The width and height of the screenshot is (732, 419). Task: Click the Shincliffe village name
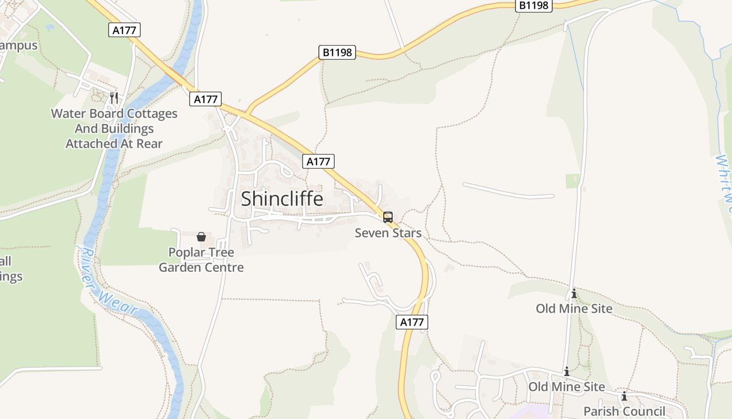[x=282, y=199]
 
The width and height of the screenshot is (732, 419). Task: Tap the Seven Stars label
[x=388, y=233]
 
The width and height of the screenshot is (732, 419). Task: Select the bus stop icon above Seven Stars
[x=388, y=217]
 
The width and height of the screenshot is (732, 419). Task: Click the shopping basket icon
[x=201, y=237]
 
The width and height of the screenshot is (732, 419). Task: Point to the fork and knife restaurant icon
[x=114, y=98]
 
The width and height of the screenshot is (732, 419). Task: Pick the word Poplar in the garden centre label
[x=188, y=252]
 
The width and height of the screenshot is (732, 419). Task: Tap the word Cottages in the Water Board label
[x=152, y=114]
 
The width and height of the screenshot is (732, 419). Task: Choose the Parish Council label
[x=624, y=411]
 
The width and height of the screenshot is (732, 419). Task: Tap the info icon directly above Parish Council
[x=624, y=396]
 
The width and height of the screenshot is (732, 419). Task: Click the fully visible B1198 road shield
[x=337, y=52]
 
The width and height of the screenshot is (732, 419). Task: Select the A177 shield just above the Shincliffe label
[x=318, y=161]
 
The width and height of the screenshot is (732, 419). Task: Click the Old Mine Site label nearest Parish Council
[x=567, y=387]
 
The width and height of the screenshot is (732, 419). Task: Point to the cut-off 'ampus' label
[x=19, y=46]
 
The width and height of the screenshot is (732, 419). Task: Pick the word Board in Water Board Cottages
[x=107, y=114]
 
